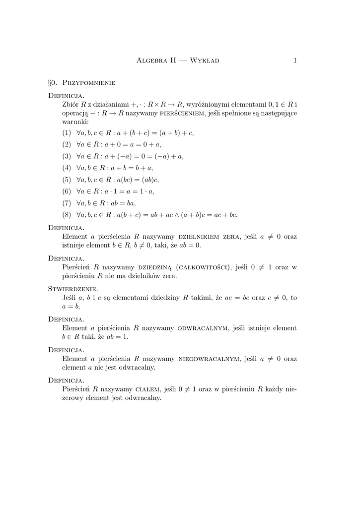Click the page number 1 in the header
[x=295, y=61]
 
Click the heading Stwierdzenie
[x=72, y=289]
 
